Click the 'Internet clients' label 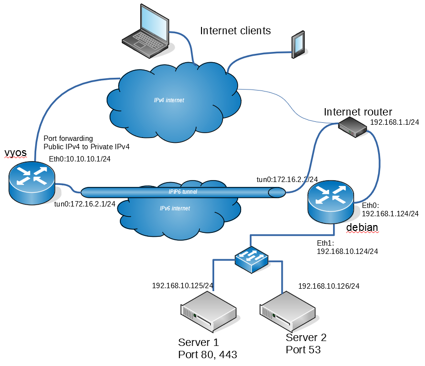(x=235, y=31)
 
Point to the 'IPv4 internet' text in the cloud (x=169, y=100)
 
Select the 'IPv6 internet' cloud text (x=175, y=208)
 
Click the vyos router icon (x=32, y=182)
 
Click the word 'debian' (x=362, y=228)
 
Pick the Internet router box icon (x=352, y=127)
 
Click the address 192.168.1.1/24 (x=395, y=123)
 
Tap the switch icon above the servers (x=251, y=258)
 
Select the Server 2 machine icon (x=287, y=311)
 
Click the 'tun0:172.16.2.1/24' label (x=85, y=204)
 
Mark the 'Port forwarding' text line (x=68, y=138)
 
